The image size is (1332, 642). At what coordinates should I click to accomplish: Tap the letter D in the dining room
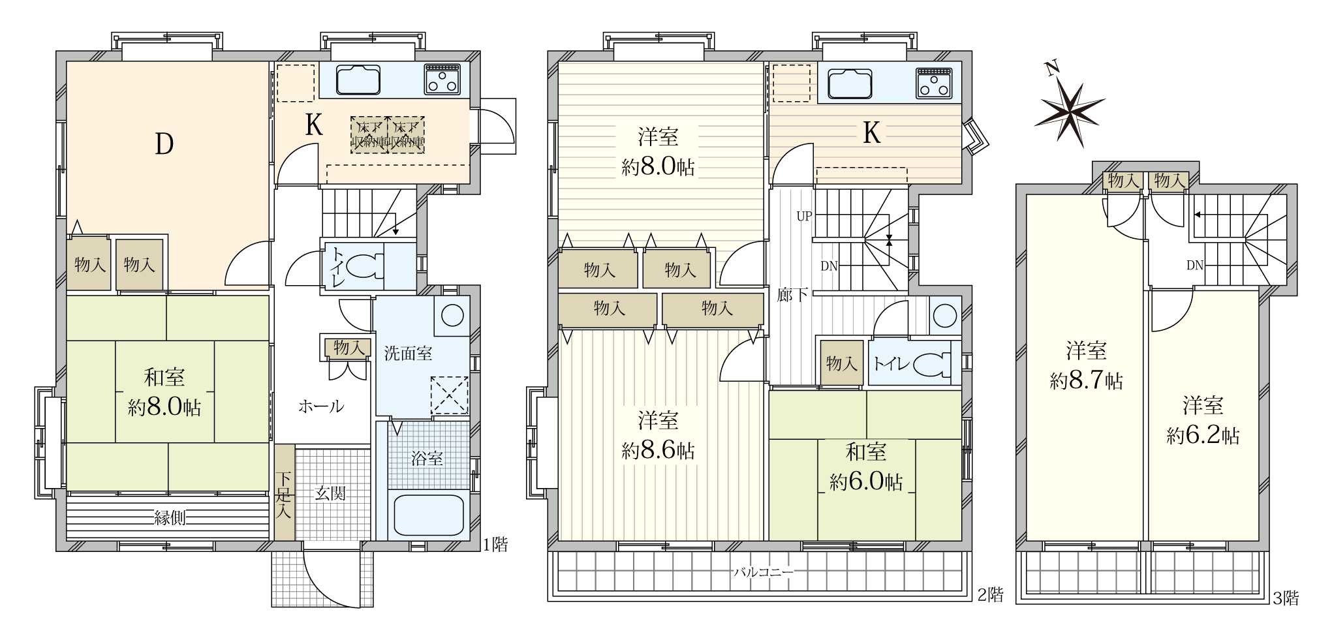tap(164, 144)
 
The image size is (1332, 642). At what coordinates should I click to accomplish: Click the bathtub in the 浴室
tap(427, 515)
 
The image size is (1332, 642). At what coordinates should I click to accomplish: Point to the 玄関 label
tap(330, 493)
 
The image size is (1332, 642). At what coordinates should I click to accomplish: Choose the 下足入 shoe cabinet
tap(284, 492)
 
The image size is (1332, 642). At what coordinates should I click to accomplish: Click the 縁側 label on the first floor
tap(170, 518)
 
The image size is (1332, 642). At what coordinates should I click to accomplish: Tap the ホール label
tap(321, 406)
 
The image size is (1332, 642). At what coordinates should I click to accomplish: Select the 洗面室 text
tap(408, 354)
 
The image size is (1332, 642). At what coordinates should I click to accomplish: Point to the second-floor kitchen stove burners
tap(934, 82)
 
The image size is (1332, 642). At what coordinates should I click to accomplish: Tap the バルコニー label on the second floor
tap(763, 573)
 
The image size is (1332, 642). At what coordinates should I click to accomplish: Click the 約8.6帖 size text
tap(658, 451)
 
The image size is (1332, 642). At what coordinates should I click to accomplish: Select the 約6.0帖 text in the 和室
tap(866, 481)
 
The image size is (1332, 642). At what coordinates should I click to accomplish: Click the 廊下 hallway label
tap(792, 295)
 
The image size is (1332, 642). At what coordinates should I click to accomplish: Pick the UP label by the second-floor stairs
tap(804, 216)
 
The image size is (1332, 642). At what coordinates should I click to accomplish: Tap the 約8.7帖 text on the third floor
tap(1086, 380)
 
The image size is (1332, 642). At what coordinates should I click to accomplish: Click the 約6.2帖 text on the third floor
tap(1203, 435)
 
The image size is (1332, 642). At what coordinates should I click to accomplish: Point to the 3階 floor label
tap(1286, 598)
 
